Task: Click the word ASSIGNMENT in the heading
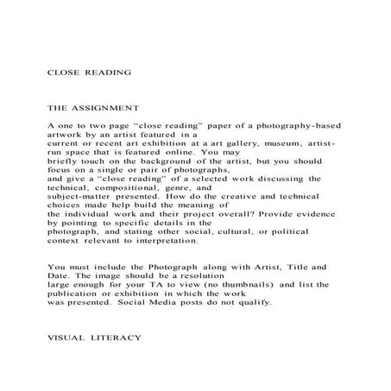107,109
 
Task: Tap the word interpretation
165,243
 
